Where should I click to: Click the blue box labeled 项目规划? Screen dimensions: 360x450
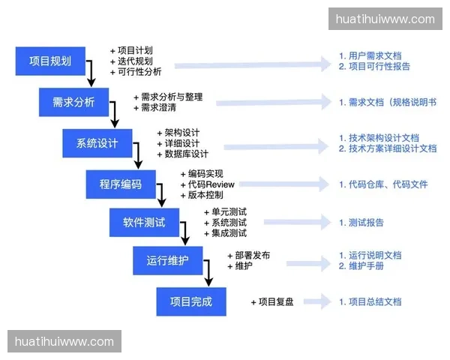pyautogui.click(x=50, y=61)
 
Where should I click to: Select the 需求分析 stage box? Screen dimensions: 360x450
pyautogui.click(x=73, y=102)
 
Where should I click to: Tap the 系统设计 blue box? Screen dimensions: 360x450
pyautogui.click(x=97, y=143)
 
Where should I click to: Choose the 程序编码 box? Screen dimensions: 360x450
pyautogui.click(x=120, y=184)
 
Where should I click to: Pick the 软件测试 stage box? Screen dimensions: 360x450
pyautogui.click(x=144, y=223)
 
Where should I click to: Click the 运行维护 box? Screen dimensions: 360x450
pyautogui.click(x=167, y=261)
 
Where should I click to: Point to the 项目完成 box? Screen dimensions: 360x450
pyautogui.click(x=190, y=301)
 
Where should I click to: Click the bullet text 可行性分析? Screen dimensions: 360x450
pyautogui.click(x=139, y=72)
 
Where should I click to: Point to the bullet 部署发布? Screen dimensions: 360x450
pyautogui.click(x=252, y=255)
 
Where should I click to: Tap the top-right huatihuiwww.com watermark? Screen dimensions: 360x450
pyautogui.click(x=385, y=19)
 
